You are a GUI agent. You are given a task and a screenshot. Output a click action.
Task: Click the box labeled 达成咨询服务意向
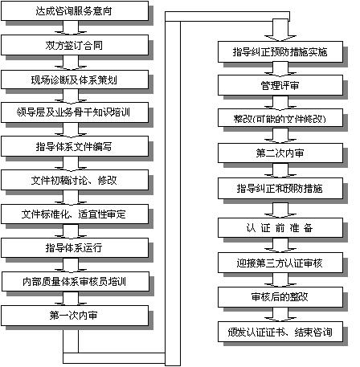tap(75, 11)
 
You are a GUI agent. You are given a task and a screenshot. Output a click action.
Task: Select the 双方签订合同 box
tap(75, 45)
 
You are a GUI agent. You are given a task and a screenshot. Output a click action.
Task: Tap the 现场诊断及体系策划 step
tap(75, 80)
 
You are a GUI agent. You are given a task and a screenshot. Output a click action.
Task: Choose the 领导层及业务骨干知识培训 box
tap(75, 112)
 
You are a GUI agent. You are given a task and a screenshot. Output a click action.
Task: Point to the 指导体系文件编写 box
tap(75, 146)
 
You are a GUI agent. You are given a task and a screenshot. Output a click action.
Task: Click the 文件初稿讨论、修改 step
tap(75, 180)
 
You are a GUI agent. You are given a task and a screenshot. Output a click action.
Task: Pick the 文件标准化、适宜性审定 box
tap(75, 214)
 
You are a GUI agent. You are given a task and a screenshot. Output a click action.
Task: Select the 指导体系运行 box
tap(75, 248)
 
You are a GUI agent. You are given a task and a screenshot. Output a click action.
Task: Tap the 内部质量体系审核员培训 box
tap(76, 282)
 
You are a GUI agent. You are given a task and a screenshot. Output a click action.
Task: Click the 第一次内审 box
tap(75, 316)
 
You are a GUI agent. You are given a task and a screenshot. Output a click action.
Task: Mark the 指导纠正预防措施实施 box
tap(280, 52)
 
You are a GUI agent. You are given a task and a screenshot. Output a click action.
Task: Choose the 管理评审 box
tap(280, 85)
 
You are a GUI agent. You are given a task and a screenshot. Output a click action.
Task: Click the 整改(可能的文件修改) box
tap(280, 118)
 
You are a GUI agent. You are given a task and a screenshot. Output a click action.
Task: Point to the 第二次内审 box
tap(280, 153)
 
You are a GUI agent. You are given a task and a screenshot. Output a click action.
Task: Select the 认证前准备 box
tap(280, 228)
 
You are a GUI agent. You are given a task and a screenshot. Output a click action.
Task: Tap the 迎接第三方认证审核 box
tap(280, 263)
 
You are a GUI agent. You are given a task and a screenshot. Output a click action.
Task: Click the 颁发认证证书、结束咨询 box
tap(280, 332)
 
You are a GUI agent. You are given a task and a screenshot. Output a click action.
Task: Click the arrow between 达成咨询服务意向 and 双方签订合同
tap(71, 27)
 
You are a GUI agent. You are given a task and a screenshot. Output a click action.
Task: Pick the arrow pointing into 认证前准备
tap(280, 210)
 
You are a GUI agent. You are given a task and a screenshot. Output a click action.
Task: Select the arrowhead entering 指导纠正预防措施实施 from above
tap(280, 38)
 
